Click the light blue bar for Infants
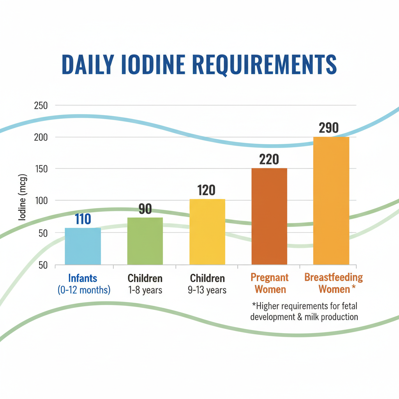coord(83,246)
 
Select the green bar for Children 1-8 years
coord(145,241)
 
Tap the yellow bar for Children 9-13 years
coord(207,232)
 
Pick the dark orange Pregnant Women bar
coord(269,216)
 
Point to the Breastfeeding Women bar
coord(331,201)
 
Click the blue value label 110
coord(83,219)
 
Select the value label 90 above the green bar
coord(145,209)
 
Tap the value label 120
coord(207,191)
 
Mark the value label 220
coord(269,159)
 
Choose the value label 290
coord(328,128)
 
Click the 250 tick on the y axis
coord(40,106)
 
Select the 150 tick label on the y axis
coord(40,169)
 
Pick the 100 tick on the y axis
coord(40,200)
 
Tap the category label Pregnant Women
coord(269,284)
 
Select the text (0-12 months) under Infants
coord(84,290)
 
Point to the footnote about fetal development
coord(304,311)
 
